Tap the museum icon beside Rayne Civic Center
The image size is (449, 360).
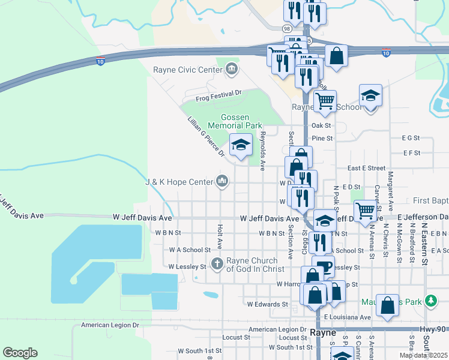[232, 71]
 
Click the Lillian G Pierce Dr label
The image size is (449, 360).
[205, 137]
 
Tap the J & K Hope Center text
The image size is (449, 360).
[179, 182]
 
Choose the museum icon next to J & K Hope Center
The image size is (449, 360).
[222, 181]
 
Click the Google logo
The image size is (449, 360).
[20, 353]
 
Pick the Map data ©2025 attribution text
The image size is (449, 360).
[423, 355]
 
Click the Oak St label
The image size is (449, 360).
[322, 125]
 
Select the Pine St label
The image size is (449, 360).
[322, 138]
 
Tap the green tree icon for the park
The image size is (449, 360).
[430, 301]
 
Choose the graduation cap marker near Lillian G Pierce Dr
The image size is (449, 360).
[241, 145]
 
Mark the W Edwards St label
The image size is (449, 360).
[265, 305]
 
